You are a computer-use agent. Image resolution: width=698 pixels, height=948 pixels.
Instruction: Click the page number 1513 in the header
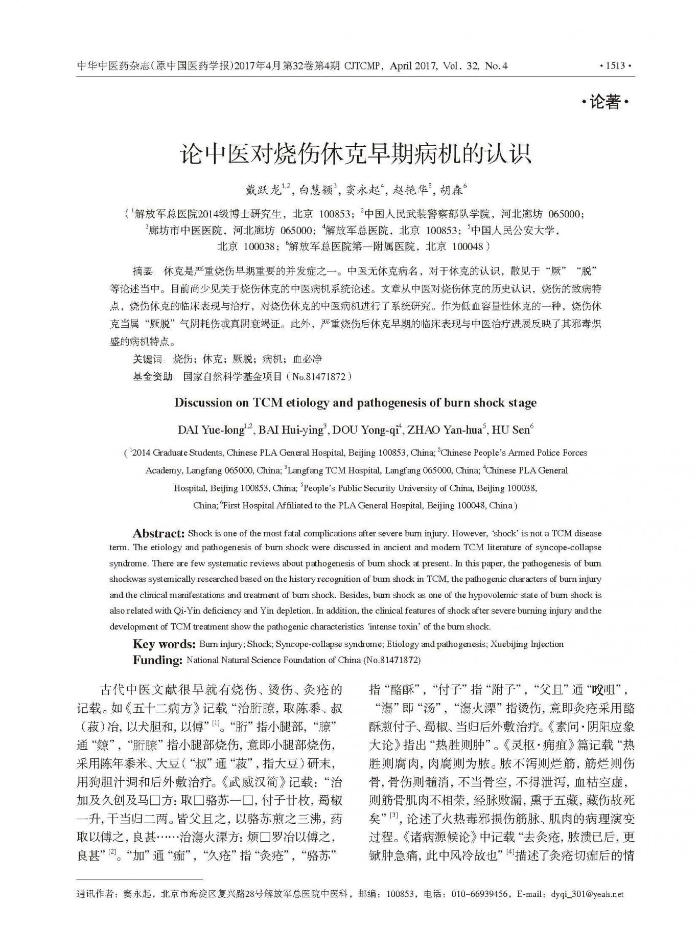click(x=615, y=66)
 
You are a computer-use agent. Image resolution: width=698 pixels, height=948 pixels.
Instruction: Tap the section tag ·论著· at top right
click(x=605, y=103)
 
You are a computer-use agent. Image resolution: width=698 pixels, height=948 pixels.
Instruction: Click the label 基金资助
click(x=152, y=377)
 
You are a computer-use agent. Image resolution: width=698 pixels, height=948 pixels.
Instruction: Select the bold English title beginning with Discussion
click(x=355, y=402)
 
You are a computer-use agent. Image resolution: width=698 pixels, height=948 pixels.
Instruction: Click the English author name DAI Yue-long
click(x=211, y=430)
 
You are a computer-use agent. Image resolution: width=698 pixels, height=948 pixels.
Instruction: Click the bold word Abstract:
click(x=158, y=534)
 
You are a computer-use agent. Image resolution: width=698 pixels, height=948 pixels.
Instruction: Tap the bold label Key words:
click(x=164, y=644)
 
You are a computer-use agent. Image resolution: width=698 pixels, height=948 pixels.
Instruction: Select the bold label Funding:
click(x=157, y=660)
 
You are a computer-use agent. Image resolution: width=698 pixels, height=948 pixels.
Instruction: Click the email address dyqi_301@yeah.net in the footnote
click(x=587, y=909)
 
